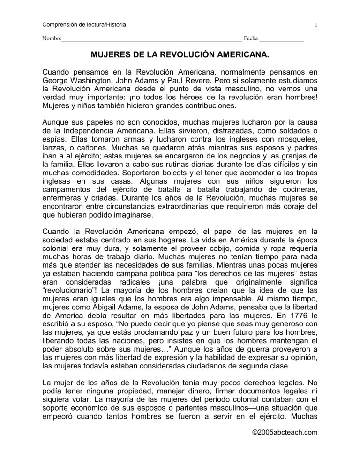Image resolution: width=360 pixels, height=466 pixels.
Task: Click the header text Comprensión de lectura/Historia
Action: [80, 24]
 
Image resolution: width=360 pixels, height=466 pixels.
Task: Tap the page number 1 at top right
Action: [317, 24]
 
